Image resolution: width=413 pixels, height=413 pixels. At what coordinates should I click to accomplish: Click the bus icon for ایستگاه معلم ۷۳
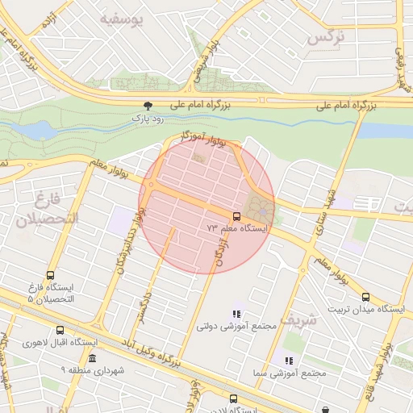[x=236, y=216]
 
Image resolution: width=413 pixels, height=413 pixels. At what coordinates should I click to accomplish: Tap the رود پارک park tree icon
[x=148, y=105]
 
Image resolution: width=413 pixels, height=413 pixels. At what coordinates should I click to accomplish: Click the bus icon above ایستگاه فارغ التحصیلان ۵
[x=51, y=275]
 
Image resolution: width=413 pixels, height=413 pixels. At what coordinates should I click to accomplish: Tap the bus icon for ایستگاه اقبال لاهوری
[x=60, y=330]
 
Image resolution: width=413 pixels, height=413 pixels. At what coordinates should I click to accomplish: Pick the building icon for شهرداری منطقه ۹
[x=92, y=357]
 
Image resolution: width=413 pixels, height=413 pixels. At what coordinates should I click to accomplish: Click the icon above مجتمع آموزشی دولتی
[x=236, y=314]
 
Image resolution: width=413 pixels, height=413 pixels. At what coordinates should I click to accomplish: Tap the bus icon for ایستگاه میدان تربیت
[x=365, y=297]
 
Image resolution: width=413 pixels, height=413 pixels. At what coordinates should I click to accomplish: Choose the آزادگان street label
[x=219, y=252]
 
